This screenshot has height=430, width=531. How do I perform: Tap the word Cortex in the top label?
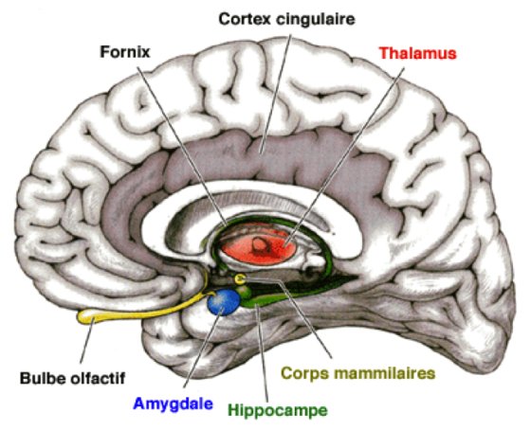(x=243, y=18)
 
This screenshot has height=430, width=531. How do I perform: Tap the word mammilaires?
(x=391, y=372)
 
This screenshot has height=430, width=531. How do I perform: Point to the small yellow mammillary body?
(x=241, y=278)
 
